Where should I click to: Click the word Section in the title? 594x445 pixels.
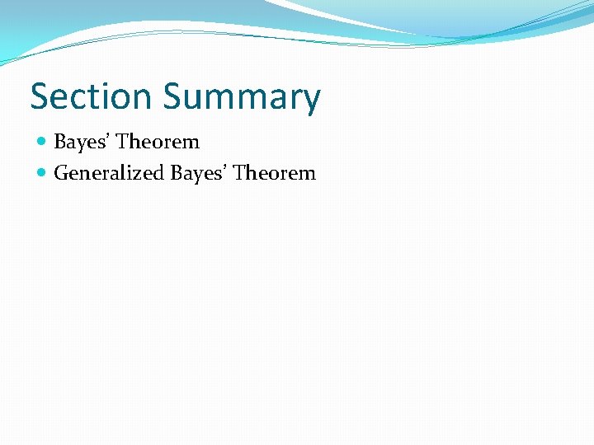[x=92, y=96]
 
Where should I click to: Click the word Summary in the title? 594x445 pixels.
[x=241, y=98]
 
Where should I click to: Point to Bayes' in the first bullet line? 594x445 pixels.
[x=81, y=143]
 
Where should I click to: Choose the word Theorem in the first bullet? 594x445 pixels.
[x=158, y=142]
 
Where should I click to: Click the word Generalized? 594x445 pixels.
[x=108, y=174]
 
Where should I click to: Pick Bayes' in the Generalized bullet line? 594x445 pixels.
[x=198, y=174]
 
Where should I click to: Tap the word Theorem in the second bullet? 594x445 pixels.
[x=274, y=173]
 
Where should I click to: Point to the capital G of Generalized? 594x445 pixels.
[x=61, y=173]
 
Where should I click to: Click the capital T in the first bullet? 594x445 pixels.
[x=122, y=142]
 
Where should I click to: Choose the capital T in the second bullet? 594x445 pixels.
[x=238, y=173]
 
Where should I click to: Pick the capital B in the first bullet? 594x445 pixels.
[x=59, y=142]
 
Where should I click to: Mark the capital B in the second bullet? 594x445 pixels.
[x=177, y=173]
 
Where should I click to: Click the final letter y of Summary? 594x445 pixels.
[x=310, y=101]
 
